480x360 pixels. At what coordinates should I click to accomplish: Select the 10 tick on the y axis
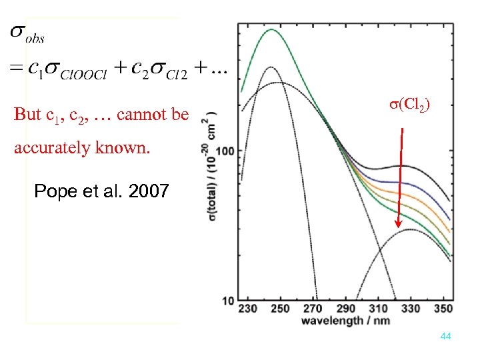228,301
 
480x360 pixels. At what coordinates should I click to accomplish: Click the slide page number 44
446,337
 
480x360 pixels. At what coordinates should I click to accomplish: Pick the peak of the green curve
271,29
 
